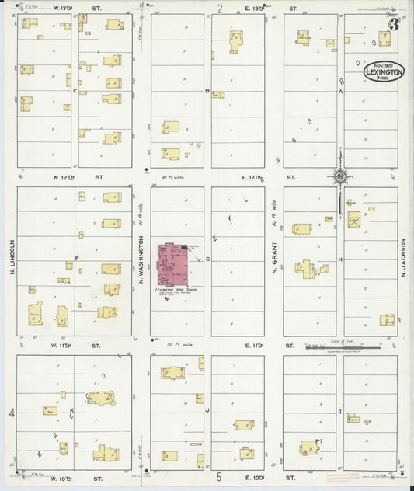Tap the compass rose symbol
340,177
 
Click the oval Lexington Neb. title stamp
384,71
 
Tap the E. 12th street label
254,177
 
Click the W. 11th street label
67,345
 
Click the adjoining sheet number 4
12,412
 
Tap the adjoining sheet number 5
219,475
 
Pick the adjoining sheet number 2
220,9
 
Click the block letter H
339,259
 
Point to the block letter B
207,91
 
